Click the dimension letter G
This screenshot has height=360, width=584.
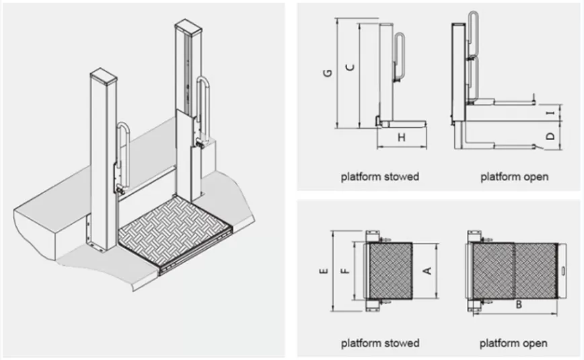click(x=326, y=74)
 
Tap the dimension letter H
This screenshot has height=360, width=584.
click(x=402, y=138)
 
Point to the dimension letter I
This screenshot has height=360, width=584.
click(x=550, y=114)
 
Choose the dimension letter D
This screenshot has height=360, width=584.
click(x=550, y=137)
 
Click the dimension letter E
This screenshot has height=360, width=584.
click(x=324, y=271)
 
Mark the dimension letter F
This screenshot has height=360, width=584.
click(x=344, y=271)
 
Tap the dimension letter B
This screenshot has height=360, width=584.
click(x=519, y=305)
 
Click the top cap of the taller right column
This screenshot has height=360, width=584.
click(x=188, y=28)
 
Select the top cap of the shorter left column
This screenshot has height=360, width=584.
click(x=104, y=75)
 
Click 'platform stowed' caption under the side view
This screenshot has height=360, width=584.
click(x=379, y=177)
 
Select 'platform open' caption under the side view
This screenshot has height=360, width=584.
click(x=514, y=177)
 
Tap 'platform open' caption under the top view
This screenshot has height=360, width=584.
click(x=513, y=343)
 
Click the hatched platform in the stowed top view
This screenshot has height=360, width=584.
click(x=390, y=271)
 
